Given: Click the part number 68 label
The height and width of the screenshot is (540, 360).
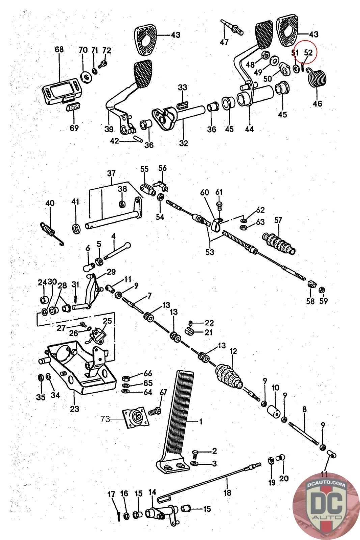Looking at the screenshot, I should pos(59,50).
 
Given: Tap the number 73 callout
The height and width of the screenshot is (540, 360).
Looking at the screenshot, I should pos(105,419).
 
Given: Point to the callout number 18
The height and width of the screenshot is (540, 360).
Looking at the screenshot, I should pos(227,492).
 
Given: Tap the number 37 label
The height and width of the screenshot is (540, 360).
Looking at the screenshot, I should pos(111,173).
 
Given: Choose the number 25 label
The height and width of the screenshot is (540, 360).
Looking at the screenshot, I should pos(107,321).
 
